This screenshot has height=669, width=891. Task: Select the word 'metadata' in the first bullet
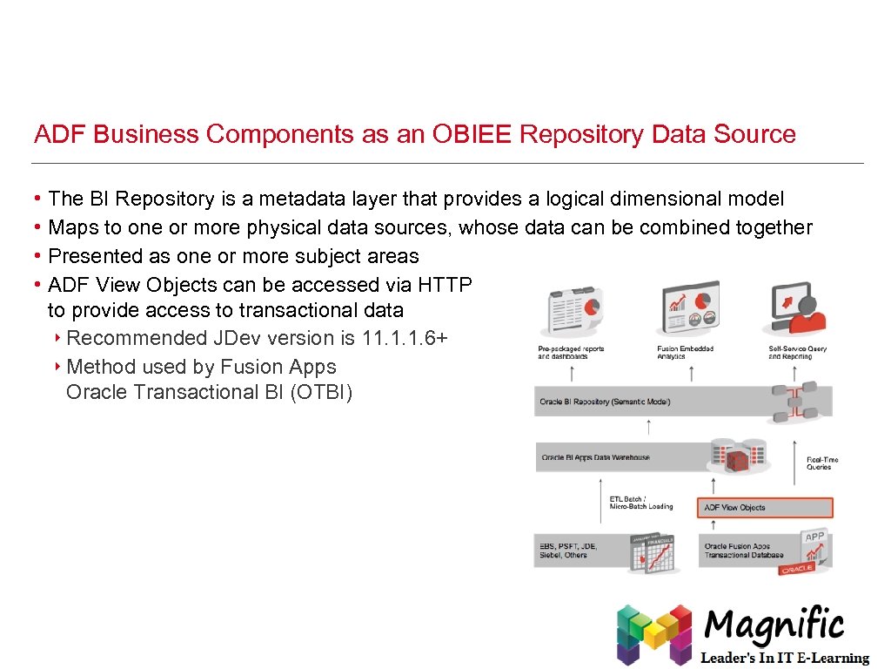coord(290,199)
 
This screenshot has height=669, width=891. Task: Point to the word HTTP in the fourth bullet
coord(445,285)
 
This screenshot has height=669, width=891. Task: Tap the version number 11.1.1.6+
coord(405,338)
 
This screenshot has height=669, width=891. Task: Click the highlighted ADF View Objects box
coord(765,507)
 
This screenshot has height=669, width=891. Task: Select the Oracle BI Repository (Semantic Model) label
coord(605,402)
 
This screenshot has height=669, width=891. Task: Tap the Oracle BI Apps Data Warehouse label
coord(595,457)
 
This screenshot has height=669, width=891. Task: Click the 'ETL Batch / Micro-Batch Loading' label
coord(640,503)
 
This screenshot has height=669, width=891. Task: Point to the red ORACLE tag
coord(796,570)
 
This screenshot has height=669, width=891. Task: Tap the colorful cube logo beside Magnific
coord(654,633)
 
